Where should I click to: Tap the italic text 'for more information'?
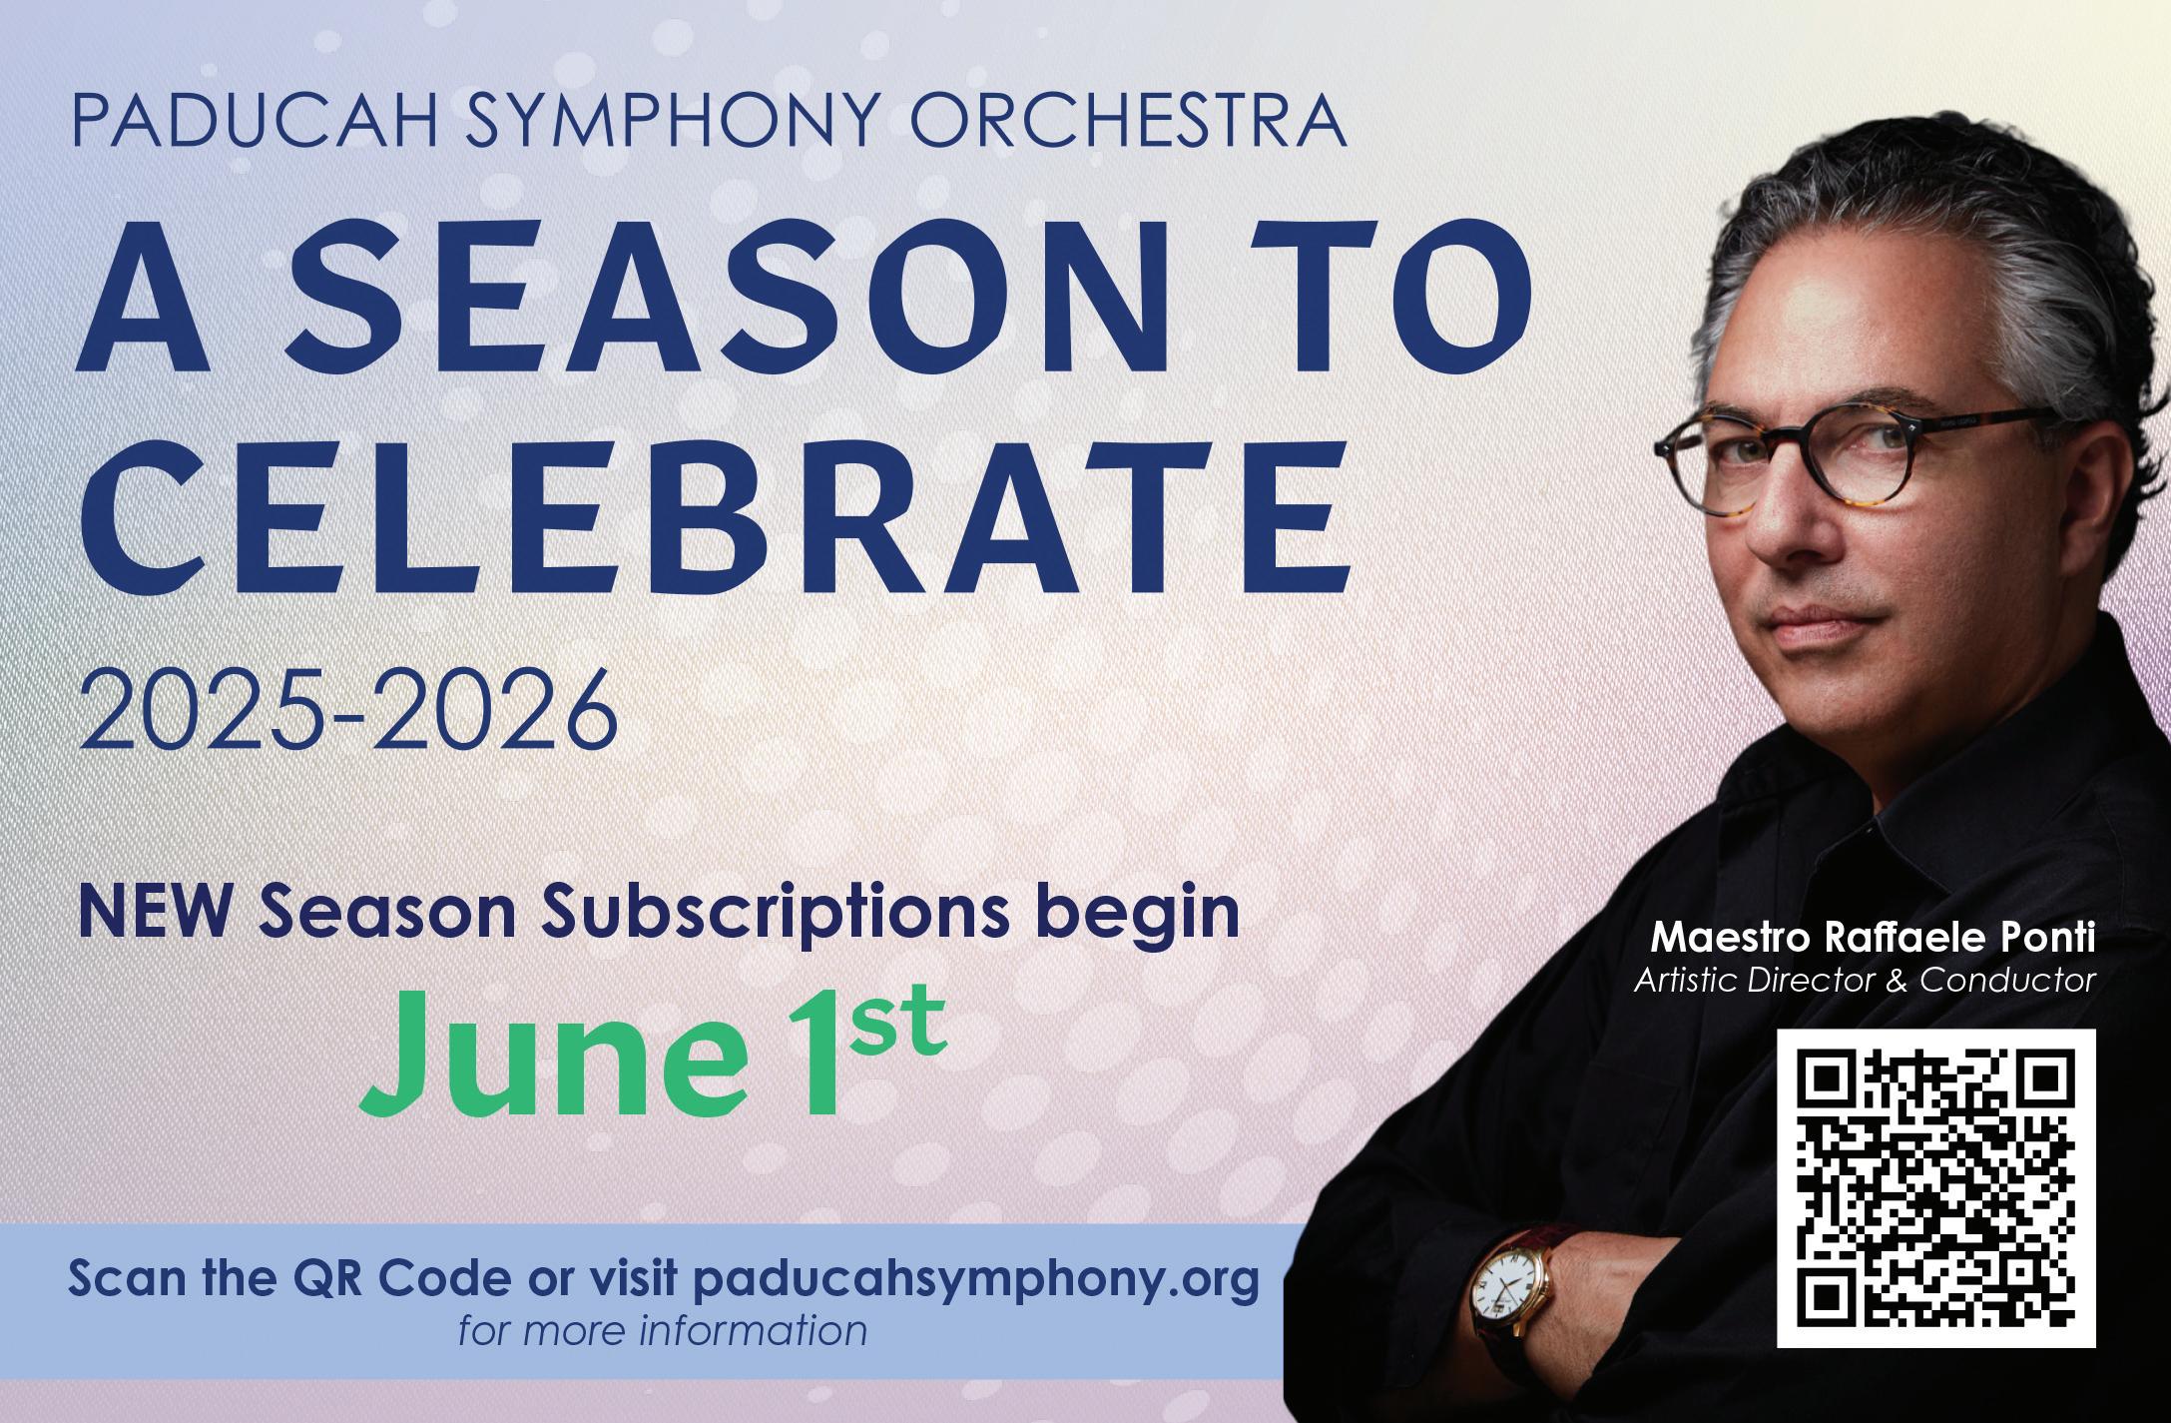[x=662, y=1331]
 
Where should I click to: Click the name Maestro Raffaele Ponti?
[x=1873, y=938]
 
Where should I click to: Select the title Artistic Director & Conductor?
[x=1864, y=981]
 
